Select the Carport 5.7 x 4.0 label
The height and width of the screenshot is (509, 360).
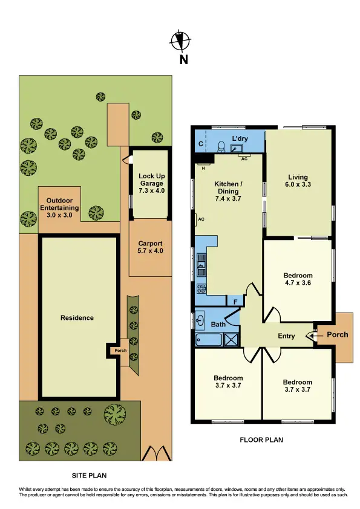(151, 247)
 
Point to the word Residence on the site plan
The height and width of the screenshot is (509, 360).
(77, 317)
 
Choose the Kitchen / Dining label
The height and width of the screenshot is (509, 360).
(229, 190)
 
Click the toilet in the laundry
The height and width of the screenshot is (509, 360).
(221, 146)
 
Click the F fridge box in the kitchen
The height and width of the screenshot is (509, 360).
(234, 301)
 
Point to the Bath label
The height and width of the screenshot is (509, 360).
(218, 325)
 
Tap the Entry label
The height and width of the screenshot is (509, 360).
(287, 336)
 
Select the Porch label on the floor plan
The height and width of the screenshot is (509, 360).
(338, 334)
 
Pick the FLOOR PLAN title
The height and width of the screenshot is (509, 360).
(261, 440)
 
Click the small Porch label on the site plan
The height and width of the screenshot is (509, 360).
(121, 349)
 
